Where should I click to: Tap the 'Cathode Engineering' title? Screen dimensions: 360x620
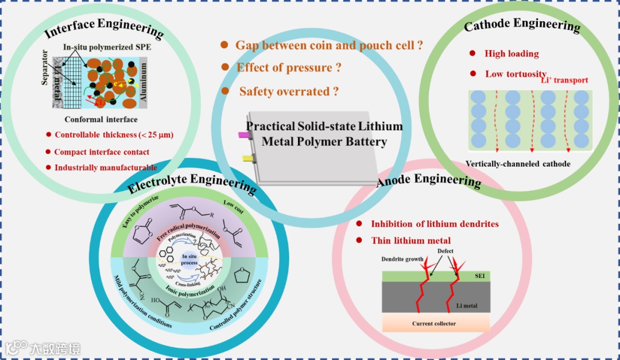(522, 25)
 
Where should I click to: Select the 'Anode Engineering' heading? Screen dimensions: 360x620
(428, 180)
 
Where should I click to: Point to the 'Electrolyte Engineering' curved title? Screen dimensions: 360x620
(192, 181)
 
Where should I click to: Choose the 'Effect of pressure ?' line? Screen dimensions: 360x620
(289, 67)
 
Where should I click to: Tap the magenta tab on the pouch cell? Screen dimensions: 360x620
(245, 135)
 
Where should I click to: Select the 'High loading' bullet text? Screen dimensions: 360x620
(511, 53)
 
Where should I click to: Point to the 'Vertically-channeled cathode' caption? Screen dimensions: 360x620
(518, 164)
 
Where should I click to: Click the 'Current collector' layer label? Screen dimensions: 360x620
(434, 323)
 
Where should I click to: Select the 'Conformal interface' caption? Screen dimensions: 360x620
(101, 119)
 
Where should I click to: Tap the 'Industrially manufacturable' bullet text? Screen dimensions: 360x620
(106, 168)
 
